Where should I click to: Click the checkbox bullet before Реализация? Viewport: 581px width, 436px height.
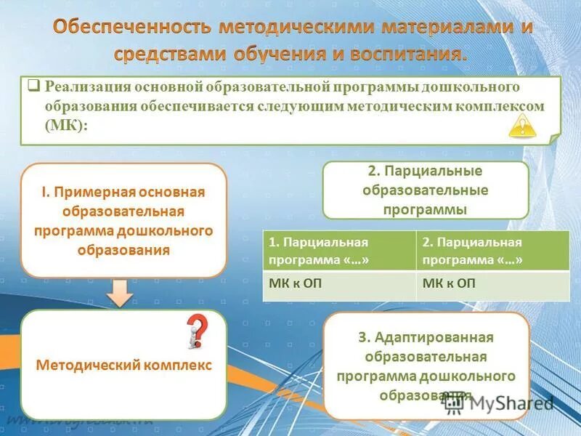pyautogui.click(x=33, y=86)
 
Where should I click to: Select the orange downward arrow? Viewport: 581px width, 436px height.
pyautogui.click(x=123, y=294)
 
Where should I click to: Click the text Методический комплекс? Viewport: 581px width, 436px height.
pyautogui.click(x=123, y=366)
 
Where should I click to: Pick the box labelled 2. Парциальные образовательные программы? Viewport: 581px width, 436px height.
pyautogui.click(x=425, y=190)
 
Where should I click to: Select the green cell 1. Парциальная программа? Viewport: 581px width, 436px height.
pyautogui.click(x=338, y=251)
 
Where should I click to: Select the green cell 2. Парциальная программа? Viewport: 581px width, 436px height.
pyautogui.click(x=492, y=251)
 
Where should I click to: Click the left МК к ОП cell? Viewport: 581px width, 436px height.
pyautogui.click(x=338, y=284)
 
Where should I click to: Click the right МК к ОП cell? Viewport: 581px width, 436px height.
pyautogui.click(x=492, y=284)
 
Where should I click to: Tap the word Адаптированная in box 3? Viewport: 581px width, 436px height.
pyautogui.click(x=434, y=338)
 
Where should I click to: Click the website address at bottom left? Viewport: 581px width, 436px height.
pyautogui.click(x=80, y=421)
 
